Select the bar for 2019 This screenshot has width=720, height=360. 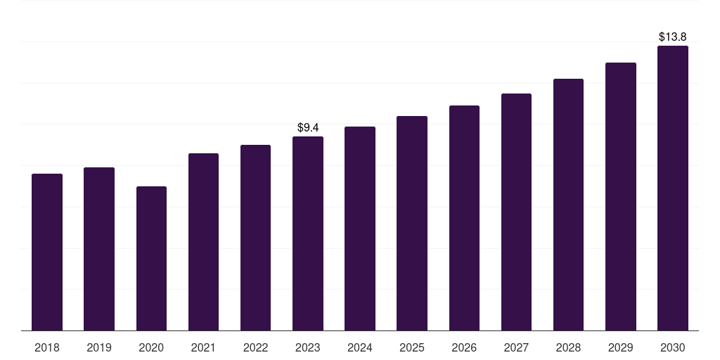tap(99, 249)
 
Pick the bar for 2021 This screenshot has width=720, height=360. tap(203, 242)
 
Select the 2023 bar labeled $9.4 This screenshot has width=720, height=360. tap(308, 233)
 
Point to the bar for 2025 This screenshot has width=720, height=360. tap(412, 223)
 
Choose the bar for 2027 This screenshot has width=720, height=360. tap(516, 212)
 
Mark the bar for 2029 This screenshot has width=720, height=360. tap(620, 196)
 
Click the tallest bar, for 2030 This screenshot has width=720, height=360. tap(672, 188)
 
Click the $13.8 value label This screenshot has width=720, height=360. tap(672, 37)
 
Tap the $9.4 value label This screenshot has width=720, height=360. tap(308, 127)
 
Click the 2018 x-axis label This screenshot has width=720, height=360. tap(47, 347)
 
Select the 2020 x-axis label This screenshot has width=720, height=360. tap(151, 347)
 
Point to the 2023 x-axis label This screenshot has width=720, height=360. tap(308, 347)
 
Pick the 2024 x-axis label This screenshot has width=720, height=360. tap(360, 347)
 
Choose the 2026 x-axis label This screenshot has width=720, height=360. tap(464, 347)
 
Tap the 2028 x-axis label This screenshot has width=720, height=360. tap(568, 347)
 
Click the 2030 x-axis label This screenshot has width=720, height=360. tap(672, 347)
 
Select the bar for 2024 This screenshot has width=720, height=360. tap(360, 229)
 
